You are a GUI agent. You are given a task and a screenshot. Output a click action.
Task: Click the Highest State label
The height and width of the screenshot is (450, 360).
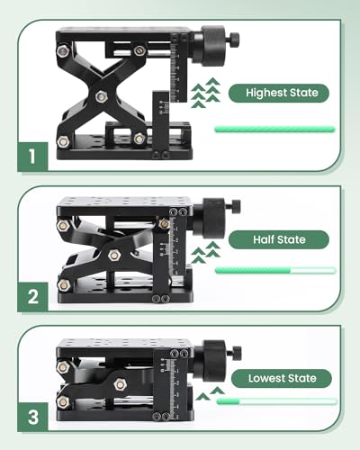[279, 93]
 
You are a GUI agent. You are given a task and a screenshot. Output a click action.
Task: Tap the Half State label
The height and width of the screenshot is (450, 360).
[279, 239]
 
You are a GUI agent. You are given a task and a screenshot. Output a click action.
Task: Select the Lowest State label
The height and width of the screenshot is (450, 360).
[282, 378]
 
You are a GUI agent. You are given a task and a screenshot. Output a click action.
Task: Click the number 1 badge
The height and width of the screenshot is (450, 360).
[32, 157]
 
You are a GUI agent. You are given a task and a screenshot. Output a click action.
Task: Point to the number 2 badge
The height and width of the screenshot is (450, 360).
[32, 297]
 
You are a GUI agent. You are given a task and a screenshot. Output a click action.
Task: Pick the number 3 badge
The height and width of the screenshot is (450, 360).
[32, 417]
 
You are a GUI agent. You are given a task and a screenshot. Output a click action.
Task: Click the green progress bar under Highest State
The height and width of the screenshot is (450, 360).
[274, 130]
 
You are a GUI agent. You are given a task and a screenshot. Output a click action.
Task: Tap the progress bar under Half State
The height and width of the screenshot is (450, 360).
[275, 270]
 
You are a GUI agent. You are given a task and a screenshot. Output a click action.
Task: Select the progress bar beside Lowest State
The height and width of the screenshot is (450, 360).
[276, 401]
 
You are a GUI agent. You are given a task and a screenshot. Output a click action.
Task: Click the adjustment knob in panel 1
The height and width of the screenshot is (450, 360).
[215, 46]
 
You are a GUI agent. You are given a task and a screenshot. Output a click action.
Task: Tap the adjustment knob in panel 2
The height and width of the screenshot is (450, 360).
[217, 217]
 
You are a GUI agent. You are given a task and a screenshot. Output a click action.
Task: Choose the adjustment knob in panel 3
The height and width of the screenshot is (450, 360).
[218, 360]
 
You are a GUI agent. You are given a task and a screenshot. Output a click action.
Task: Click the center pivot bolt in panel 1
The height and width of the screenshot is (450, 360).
[102, 96]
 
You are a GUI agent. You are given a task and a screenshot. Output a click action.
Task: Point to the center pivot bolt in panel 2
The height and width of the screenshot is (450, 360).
[114, 255]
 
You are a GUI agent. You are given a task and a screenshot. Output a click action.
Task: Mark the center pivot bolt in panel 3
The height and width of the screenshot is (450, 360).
[120, 384]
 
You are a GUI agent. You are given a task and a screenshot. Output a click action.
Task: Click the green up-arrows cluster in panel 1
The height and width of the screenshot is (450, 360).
[206, 93]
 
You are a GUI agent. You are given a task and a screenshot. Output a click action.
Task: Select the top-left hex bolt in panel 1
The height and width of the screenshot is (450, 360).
[63, 51]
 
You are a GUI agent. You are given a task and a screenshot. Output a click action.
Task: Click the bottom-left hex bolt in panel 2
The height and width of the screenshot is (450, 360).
[64, 285]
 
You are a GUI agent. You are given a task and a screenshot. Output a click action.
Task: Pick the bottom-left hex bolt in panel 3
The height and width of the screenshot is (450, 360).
[63, 402]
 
